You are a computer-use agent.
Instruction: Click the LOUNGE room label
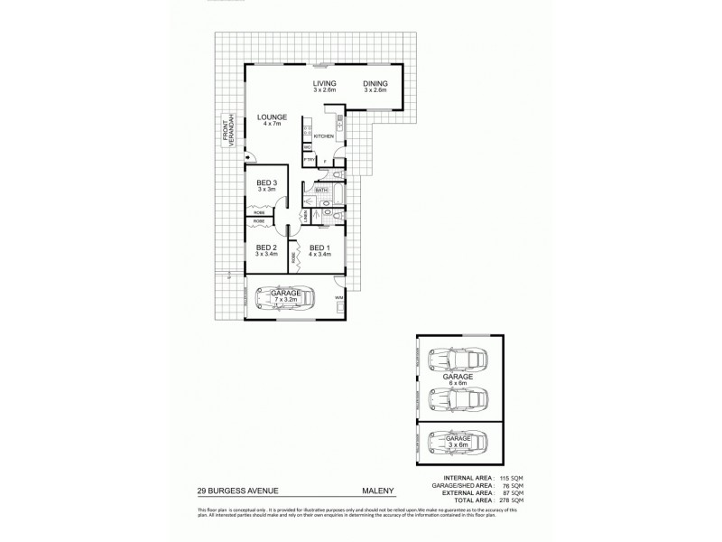(x=272, y=117)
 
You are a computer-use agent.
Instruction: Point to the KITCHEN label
(x=324, y=136)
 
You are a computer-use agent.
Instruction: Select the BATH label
(x=320, y=191)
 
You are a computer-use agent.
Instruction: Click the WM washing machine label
(x=338, y=296)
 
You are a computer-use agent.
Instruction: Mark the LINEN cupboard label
(x=307, y=215)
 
